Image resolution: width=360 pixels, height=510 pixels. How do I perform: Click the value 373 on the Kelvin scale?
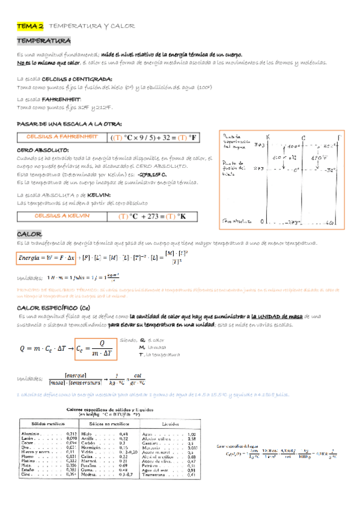pos(260,145)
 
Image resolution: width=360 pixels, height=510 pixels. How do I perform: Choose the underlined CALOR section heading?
pos(29,233)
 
